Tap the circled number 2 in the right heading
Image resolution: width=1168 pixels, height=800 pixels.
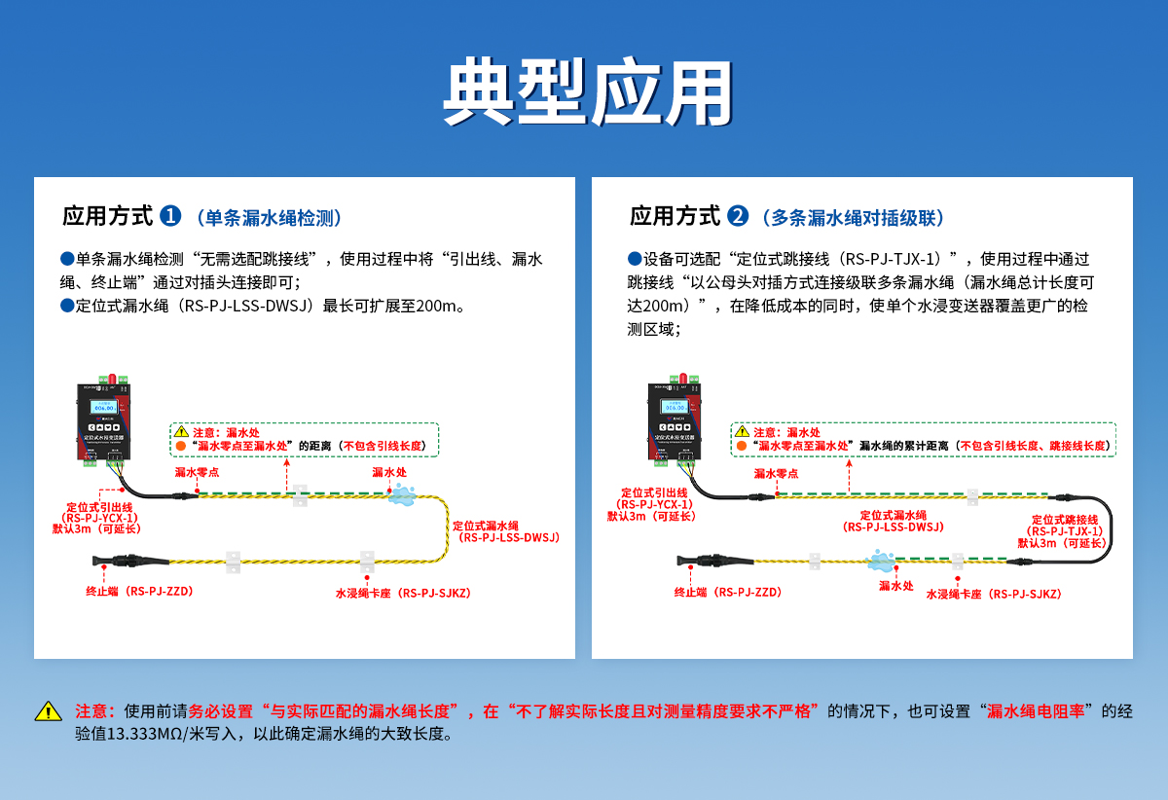(x=739, y=216)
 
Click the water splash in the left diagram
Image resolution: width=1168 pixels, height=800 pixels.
(x=401, y=495)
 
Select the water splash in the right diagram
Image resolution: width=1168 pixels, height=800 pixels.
(x=882, y=560)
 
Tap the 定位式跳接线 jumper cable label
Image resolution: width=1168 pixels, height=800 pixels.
(x=1064, y=531)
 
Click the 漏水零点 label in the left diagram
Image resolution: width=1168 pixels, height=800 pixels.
(x=197, y=472)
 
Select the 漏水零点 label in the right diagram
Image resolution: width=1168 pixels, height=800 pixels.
(x=776, y=473)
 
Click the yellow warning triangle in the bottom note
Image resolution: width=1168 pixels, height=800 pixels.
(x=48, y=711)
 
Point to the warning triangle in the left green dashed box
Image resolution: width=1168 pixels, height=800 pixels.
(x=181, y=431)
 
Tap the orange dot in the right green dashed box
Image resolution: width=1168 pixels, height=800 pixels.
(x=742, y=446)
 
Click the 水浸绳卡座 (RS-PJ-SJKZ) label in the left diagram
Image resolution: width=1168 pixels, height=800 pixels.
(x=403, y=593)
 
